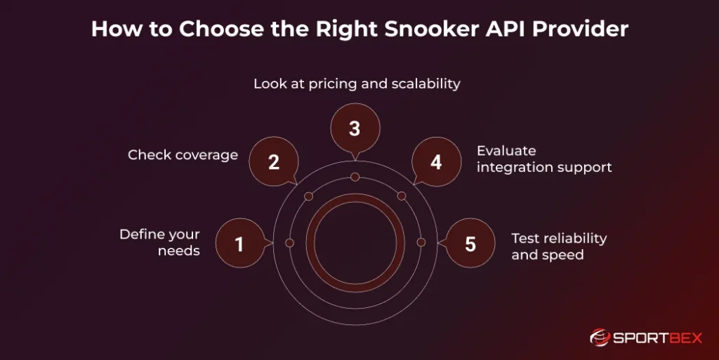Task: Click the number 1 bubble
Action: [x=239, y=244]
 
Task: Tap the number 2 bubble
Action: [x=274, y=162]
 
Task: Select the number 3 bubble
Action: [x=355, y=129]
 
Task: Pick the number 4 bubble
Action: [x=436, y=162]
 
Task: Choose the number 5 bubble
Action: [x=470, y=244]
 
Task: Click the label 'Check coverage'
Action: [x=183, y=155]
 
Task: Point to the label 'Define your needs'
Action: [x=159, y=242]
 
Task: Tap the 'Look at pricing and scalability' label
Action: [x=357, y=84]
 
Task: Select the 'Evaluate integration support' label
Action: [x=544, y=159]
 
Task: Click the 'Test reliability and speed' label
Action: [x=559, y=246]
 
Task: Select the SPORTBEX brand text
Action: [x=658, y=338]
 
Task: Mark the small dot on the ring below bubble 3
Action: [x=355, y=177]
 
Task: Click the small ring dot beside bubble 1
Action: [x=289, y=242]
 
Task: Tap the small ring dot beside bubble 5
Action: [x=421, y=242]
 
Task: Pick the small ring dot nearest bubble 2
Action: [x=308, y=196]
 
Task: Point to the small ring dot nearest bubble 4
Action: [x=402, y=196]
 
